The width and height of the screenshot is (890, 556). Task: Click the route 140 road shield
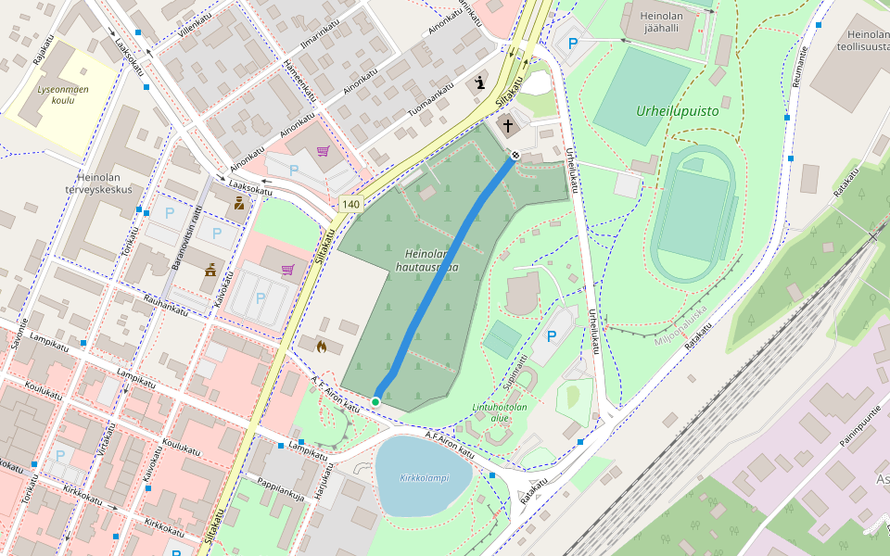click(x=350, y=204)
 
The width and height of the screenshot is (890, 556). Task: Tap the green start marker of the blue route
click(x=375, y=401)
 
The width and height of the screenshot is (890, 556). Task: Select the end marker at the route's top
click(x=515, y=155)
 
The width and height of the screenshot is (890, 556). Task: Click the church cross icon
click(x=508, y=125)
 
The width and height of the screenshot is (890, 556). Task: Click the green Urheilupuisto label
click(x=678, y=110)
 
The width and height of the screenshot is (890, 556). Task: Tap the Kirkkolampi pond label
click(x=424, y=478)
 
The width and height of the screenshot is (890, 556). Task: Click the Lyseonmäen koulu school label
click(x=63, y=95)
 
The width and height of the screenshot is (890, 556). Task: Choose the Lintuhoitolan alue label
click(x=499, y=411)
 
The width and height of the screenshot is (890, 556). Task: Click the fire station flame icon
click(x=322, y=347)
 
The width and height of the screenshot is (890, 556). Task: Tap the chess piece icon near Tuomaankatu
click(x=479, y=82)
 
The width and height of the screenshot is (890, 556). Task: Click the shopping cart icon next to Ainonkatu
click(x=323, y=152)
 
